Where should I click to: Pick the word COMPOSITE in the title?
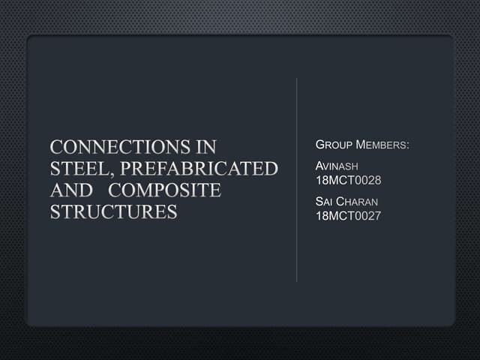pos(165,190)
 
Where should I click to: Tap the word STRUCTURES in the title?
pos(113,211)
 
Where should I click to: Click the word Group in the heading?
pos(334,144)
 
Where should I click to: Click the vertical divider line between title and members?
pos(297,180)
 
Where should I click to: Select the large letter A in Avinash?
pos(321,166)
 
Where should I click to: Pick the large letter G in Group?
pos(321,144)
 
